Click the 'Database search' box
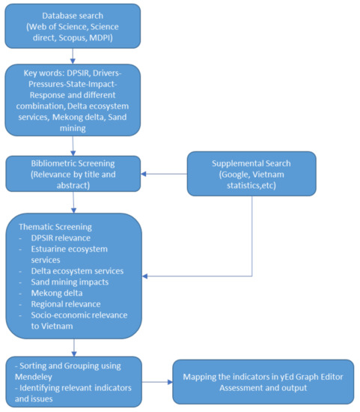pos(73,27)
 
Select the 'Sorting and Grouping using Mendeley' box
pos(73,381)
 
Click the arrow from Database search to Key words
pos(73,57)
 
